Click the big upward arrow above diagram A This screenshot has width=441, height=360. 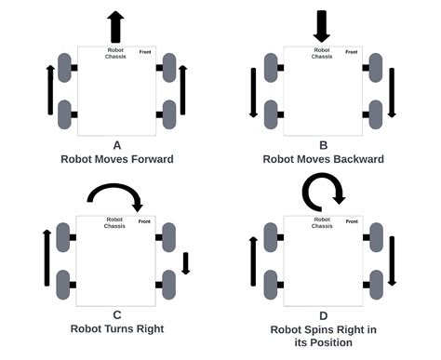pos(115,25)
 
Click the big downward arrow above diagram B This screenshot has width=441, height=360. pos(321,25)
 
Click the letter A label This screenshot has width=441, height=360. pos(116,145)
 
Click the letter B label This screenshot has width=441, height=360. pos(323,145)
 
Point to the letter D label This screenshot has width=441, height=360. pos(323,315)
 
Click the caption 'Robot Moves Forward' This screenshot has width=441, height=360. pos(116,159)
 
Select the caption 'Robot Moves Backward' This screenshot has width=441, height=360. pos(323,159)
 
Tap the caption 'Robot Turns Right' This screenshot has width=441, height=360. pos(116,328)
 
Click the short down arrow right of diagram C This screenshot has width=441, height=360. pos(185,262)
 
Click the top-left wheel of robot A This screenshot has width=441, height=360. pos(64,68)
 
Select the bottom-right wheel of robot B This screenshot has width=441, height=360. pos(374,113)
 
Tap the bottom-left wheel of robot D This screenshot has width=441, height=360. pos(271,283)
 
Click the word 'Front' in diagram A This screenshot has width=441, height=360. pos(146,52)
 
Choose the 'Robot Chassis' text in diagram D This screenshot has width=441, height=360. pos(322,222)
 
